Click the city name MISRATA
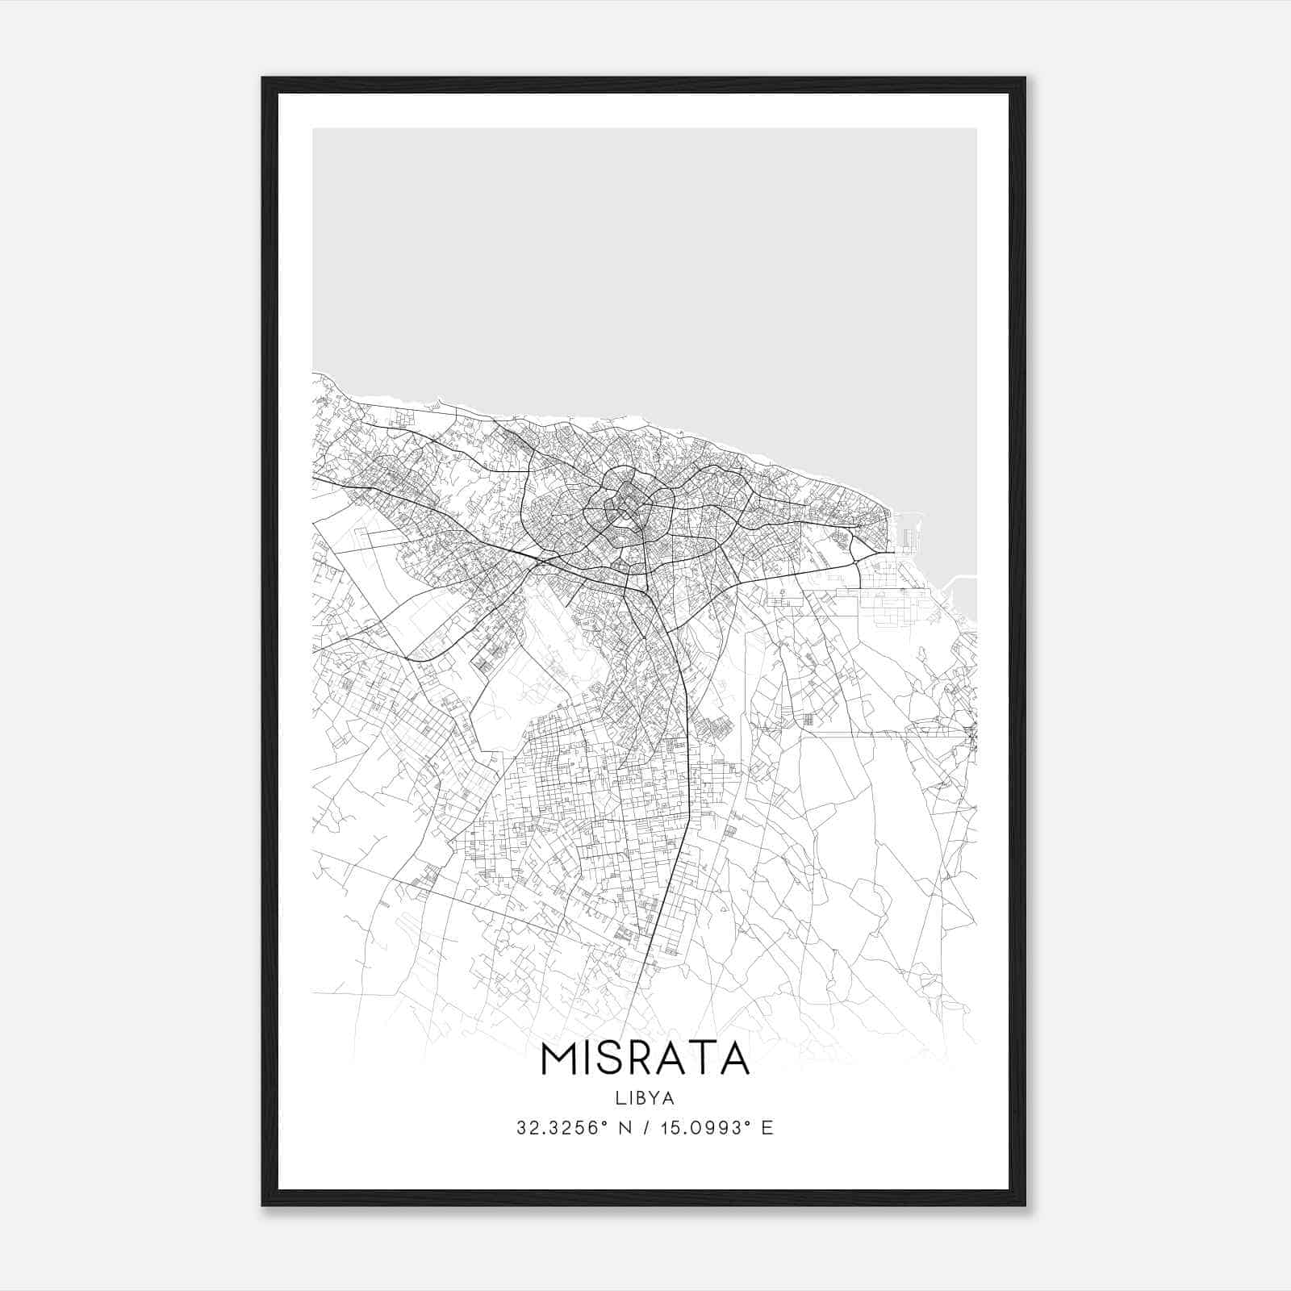point(645,1059)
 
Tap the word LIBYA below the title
point(645,1098)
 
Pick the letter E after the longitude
point(767,1128)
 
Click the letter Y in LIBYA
point(654,1098)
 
